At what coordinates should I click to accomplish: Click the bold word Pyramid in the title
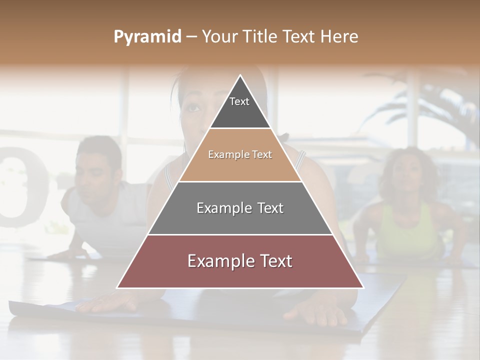coord(147,36)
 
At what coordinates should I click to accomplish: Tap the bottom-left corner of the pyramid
coord(118,287)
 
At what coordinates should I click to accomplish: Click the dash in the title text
coord(191,36)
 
